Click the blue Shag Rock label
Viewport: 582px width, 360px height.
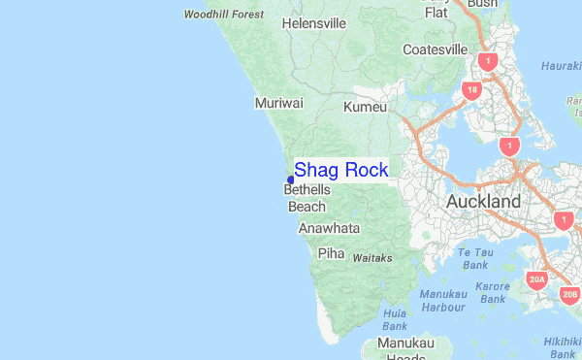coord(340,170)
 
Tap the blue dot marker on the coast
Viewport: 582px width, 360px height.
coord(291,180)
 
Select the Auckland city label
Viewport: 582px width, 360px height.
coord(483,202)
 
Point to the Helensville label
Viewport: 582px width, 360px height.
coord(314,22)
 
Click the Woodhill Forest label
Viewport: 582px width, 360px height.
coord(223,15)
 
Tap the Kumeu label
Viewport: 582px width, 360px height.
coord(365,107)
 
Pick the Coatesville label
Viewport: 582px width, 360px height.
coord(436,49)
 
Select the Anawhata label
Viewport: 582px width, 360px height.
coord(329,229)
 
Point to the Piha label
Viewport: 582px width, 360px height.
coord(332,253)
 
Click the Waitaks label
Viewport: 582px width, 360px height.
coord(372,258)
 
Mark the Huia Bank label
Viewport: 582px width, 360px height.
coord(395,320)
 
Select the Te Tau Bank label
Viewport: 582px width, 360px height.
coord(474,258)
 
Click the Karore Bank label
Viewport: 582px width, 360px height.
coord(492,293)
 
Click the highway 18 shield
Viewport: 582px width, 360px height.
coord(472,91)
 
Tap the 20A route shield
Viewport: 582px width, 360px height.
coord(537,280)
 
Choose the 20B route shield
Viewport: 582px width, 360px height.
coord(569,293)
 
